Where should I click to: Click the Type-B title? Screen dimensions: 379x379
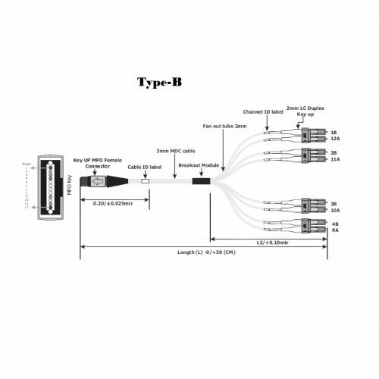click(158, 82)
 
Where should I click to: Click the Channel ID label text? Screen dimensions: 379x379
click(263, 111)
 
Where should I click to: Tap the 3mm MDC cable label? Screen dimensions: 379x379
click(177, 152)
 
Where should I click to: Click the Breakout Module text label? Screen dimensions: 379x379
click(199, 164)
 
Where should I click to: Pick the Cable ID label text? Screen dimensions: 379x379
click(144, 167)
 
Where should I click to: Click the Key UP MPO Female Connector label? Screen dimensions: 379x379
click(96, 164)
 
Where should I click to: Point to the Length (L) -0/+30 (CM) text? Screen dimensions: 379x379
click(206, 252)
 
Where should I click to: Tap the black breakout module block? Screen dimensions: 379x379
click(202, 182)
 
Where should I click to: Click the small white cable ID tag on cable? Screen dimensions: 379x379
click(146, 182)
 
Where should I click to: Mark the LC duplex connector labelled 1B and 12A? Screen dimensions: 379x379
click(310, 136)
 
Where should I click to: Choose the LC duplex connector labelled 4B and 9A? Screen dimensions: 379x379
click(310, 227)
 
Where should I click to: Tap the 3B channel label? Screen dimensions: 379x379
click(334, 203)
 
